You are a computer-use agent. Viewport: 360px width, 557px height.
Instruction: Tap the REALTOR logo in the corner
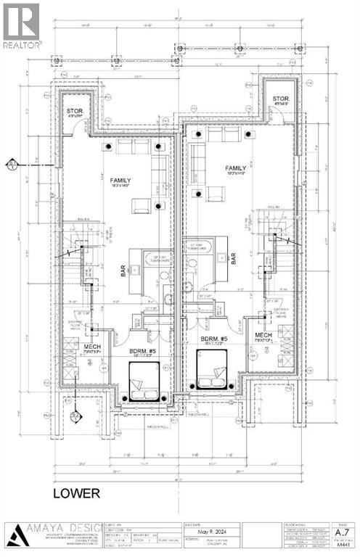(x=22, y=25)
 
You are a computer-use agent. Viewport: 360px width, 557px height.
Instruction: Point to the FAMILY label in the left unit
(x=120, y=179)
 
